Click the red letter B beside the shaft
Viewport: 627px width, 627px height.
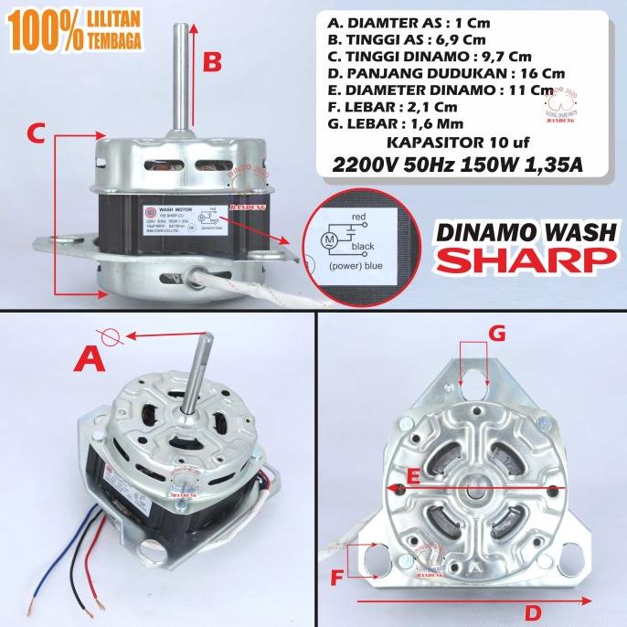pyautogui.click(x=212, y=62)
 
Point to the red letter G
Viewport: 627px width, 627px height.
pyautogui.click(x=496, y=335)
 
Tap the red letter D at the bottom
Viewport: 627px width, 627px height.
pyautogui.click(x=533, y=611)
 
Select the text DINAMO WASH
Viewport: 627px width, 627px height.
pyautogui.click(x=525, y=232)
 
